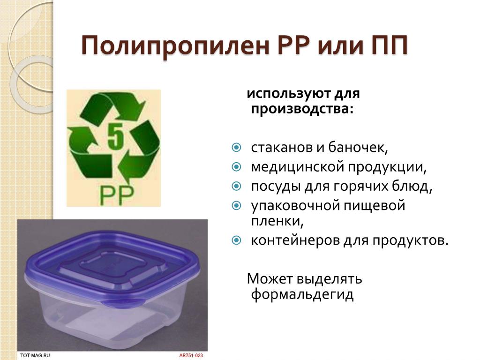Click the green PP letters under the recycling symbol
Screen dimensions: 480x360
pyautogui.click(x=117, y=195)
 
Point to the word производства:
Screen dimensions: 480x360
pyautogui.click(x=302, y=109)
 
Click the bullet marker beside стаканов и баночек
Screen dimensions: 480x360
pyautogui.click(x=236, y=148)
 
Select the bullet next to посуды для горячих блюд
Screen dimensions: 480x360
pyautogui.click(x=236, y=186)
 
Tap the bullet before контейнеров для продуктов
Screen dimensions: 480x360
pyautogui.click(x=236, y=240)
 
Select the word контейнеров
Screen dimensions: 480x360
pyautogui.click(x=294, y=240)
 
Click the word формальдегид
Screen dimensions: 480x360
pyautogui.click(x=302, y=294)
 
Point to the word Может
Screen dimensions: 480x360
pyautogui.click(x=270, y=278)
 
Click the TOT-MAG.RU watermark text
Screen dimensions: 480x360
pyautogui.click(x=35, y=355)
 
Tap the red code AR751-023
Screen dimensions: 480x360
pyautogui.click(x=191, y=355)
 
